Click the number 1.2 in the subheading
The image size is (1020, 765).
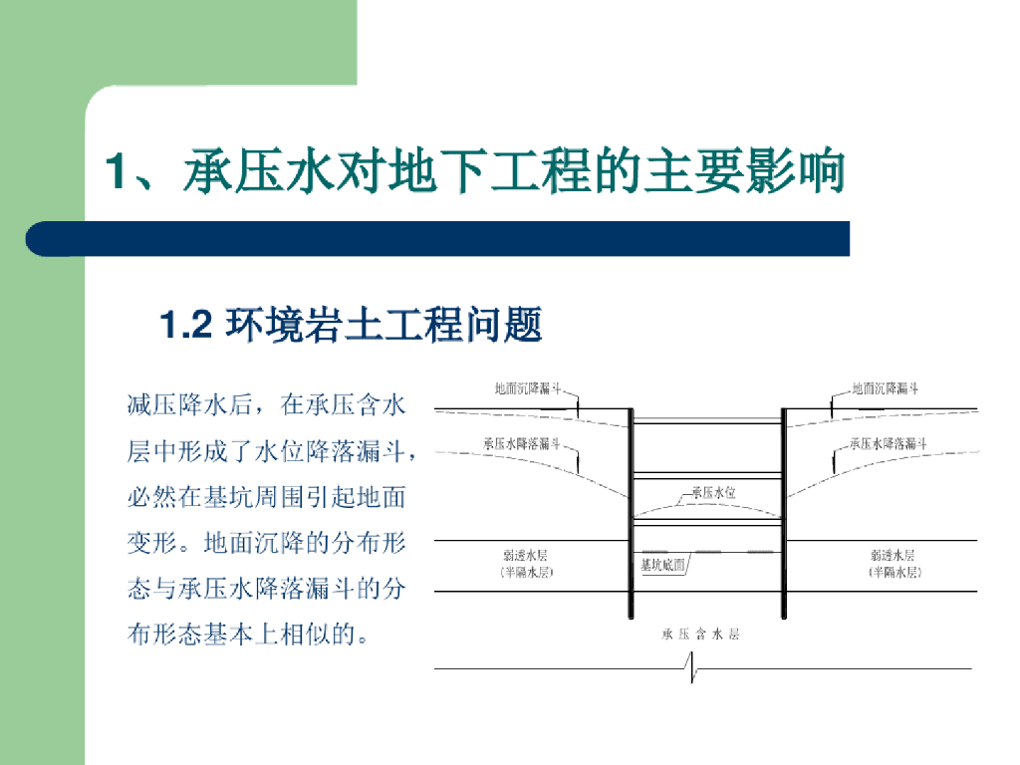point(187,325)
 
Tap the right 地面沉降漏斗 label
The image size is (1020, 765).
point(886,388)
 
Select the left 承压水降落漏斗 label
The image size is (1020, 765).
point(522,443)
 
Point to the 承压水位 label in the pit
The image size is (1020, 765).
point(713,492)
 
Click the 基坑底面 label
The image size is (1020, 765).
point(662,565)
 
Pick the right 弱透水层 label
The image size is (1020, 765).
point(892,555)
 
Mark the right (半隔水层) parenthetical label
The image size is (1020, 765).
point(893,574)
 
